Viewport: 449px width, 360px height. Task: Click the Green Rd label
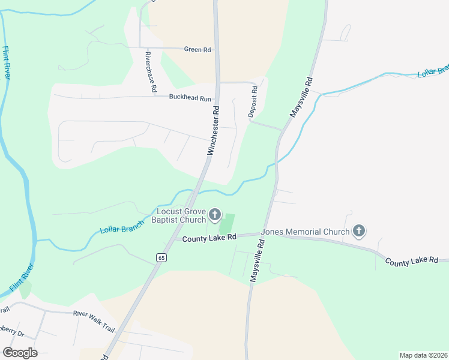(197, 50)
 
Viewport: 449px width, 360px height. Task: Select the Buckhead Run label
(190, 97)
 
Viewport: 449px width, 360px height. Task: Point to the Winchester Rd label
(214, 131)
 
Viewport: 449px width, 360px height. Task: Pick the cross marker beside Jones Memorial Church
(359, 231)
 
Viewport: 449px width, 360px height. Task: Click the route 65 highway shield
(161, 257)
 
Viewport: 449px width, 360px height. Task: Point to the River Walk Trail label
(94, 313)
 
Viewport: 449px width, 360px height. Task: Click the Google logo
(20, 353)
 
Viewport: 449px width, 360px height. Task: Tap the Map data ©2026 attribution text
(423, 355)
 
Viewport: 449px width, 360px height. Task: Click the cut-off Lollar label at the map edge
(433, 71)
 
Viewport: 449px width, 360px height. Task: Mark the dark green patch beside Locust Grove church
(227, 224)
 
